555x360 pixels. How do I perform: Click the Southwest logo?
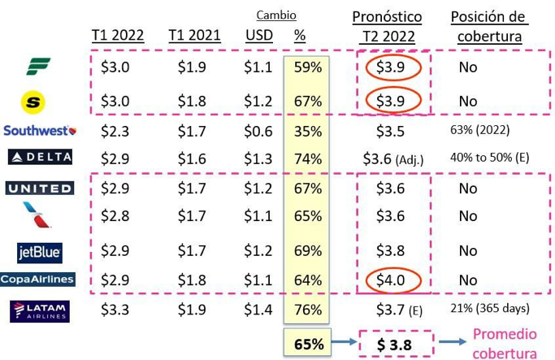[x=40, y=130]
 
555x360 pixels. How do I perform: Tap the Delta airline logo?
[x=40, y=157]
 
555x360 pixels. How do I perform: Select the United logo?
[x=40, y=189]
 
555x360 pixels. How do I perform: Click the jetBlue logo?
[x=40, y=252]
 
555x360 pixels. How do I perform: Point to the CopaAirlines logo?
[x=37, y=279]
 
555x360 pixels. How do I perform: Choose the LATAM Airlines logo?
[x=40, y=310]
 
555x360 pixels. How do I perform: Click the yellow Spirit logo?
[x=36, y=102]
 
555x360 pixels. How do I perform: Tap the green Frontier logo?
[x=37, y=67]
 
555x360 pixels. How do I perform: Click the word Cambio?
[x=276, y=15]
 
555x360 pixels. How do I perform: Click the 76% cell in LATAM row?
[x=308, y=310]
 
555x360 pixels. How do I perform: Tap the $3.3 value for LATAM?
[x=115, y=310]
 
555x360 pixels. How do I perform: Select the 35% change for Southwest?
[x=308, y=130]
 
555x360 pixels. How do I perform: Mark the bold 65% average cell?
[x=308, y=344]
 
